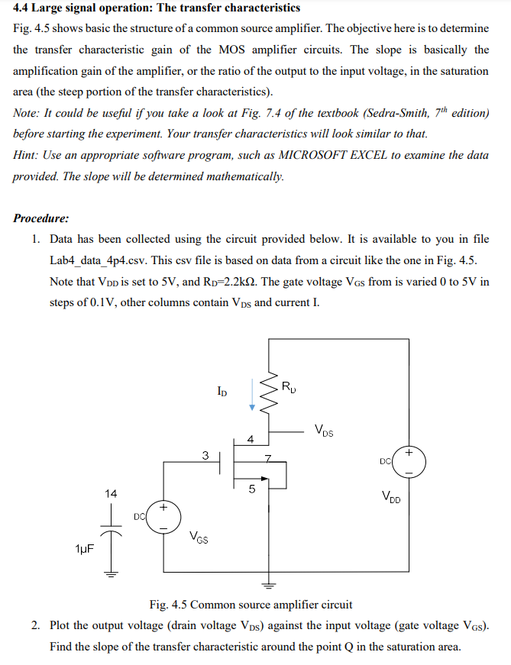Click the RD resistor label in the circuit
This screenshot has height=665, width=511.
pyautogui.click(x=288, y=385)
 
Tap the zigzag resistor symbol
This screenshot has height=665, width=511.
pyautogui.click(x=268, y=395)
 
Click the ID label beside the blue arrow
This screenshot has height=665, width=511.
pyautogui.click(x=222, y=392)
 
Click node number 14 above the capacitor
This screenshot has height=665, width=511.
pyautogui.click(x=111, y=493)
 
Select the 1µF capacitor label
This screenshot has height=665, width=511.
pyautogui.click(x=86, y=549)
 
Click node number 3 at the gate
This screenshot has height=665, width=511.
pyautogui.click(x=205, y=456)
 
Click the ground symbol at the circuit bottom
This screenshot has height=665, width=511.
pyautogui.click(x=267, y=586)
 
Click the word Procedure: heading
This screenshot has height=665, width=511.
pyautogui.click(x=41, y=218)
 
